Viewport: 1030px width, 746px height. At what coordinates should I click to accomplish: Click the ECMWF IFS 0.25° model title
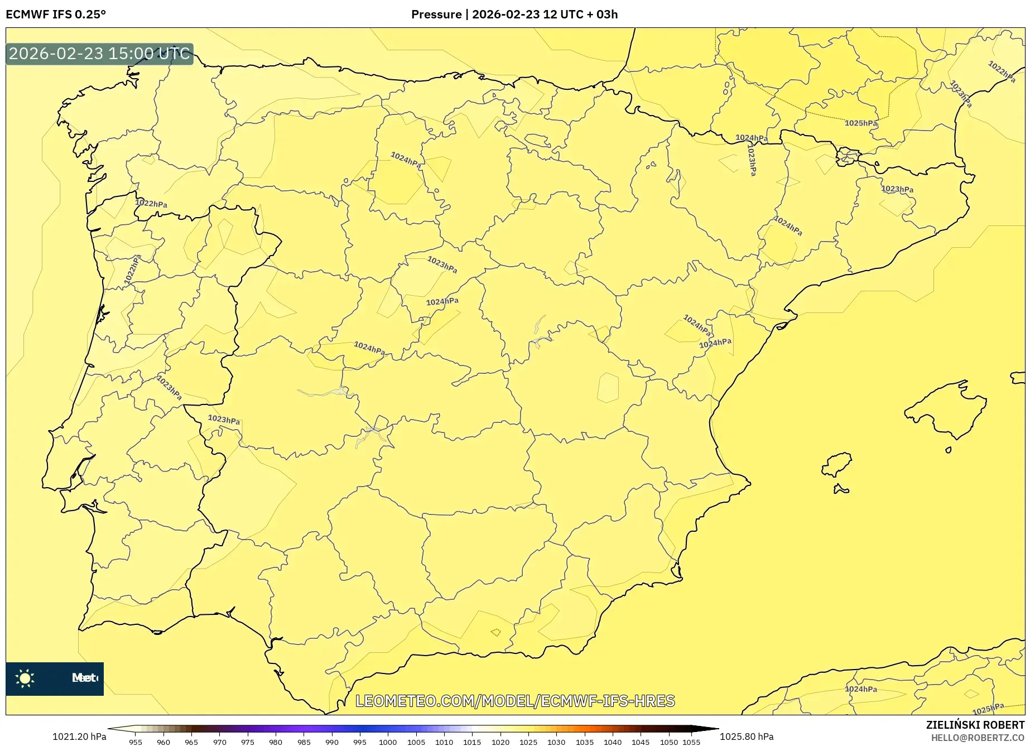56,15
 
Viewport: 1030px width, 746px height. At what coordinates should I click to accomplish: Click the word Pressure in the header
436,15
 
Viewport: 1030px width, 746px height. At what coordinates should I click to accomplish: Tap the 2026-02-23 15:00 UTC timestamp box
99,54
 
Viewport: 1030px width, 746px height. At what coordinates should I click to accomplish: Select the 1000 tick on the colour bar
388,742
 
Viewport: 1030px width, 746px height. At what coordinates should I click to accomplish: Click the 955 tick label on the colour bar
136,742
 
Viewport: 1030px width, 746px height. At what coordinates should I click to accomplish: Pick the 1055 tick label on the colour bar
691,742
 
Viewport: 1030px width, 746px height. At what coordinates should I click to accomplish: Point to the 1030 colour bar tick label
556,742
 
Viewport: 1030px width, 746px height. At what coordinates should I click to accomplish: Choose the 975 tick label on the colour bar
248,742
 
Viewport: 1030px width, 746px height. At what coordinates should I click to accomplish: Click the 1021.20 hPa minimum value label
79,737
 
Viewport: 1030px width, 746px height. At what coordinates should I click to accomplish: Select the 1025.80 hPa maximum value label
747,737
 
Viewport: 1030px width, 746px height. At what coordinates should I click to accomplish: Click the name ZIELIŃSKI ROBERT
975,725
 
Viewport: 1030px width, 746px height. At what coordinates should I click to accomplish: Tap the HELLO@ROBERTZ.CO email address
977,738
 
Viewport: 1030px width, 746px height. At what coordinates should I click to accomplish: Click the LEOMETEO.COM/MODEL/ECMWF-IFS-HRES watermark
515,701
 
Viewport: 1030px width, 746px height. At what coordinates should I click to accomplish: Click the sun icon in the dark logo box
25,678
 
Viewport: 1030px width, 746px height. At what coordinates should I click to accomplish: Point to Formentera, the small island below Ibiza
840,490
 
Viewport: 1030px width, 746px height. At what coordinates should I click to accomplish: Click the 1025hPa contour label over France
860,123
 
